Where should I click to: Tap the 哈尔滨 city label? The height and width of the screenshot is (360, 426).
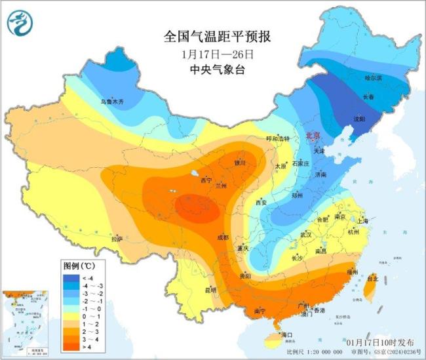click(372, 78)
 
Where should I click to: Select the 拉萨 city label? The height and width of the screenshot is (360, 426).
click(117, 239)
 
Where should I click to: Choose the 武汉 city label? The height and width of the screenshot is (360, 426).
click(306, 234)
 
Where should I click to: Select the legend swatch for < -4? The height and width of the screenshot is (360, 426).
click(69, 277)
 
